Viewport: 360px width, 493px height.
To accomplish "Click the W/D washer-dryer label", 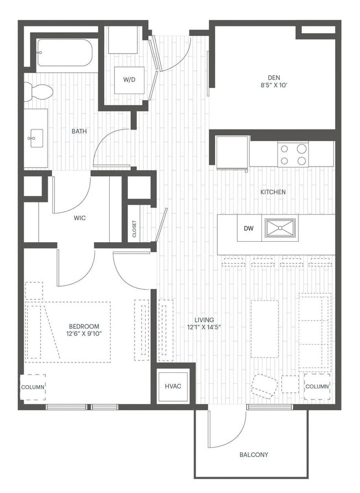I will pyautogui.click(x=128, y=80).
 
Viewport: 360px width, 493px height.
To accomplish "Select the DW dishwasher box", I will pyautogui.click(x=249, y=228).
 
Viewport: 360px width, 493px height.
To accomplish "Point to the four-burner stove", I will pyautogui.click(x=292, y=154).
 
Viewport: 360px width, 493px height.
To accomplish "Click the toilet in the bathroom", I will pyautogui.click(x=38, y=92).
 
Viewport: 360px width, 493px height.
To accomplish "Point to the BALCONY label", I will pyautogui.click(x=254, y=455).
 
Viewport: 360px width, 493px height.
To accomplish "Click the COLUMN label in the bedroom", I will pyautogui.click(x=33, y=387).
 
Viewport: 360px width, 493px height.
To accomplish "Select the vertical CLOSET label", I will pyautogui.click(x=134, y=229).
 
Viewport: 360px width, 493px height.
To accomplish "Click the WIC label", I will pyautogui.click(x=79, y=217).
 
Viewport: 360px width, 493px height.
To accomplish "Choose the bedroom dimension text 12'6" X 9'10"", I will pyautogui.click(x=84, y=334).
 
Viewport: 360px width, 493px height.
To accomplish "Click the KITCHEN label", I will pyautogui.click(x=273, y=192).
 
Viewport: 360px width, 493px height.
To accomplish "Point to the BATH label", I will pyautogui.click(x=79, y=132).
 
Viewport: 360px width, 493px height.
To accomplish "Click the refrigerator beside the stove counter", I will pyautogui.click(x=232, y=153).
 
